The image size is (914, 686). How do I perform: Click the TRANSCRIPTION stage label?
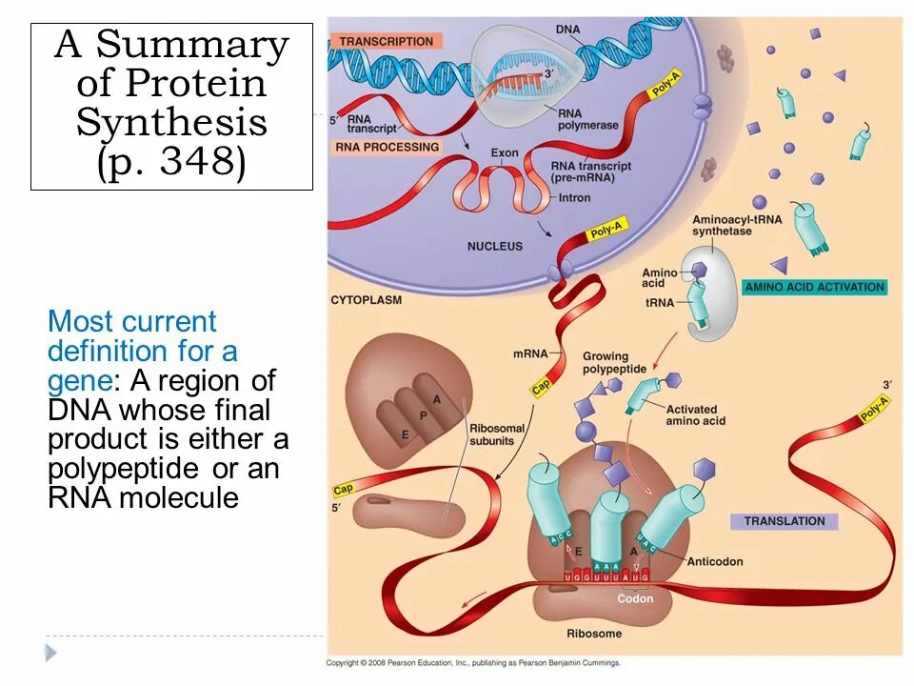pos(386,41)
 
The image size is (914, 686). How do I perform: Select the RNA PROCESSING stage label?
pos(387,147)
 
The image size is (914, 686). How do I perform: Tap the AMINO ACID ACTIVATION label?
pos(814,287)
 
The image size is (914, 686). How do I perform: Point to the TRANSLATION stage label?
pos(785,521)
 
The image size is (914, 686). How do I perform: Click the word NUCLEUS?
pos(494,246)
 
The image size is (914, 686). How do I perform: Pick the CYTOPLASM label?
pos(367,299)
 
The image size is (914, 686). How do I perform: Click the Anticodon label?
pos(714,562)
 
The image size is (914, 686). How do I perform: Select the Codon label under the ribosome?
pos(635,598)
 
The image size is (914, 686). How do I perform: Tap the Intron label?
pos(575,198)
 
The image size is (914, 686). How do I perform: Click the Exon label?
pos(505,153)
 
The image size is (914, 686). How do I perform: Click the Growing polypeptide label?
pos(614,363)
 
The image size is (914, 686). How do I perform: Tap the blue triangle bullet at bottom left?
pos(50,653)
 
